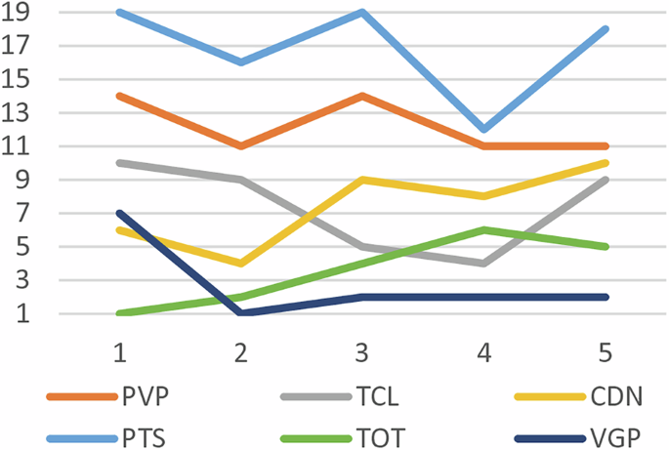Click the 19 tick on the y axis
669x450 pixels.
(21, 13)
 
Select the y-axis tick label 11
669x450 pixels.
(21, 146)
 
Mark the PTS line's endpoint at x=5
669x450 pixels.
(606, 29)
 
